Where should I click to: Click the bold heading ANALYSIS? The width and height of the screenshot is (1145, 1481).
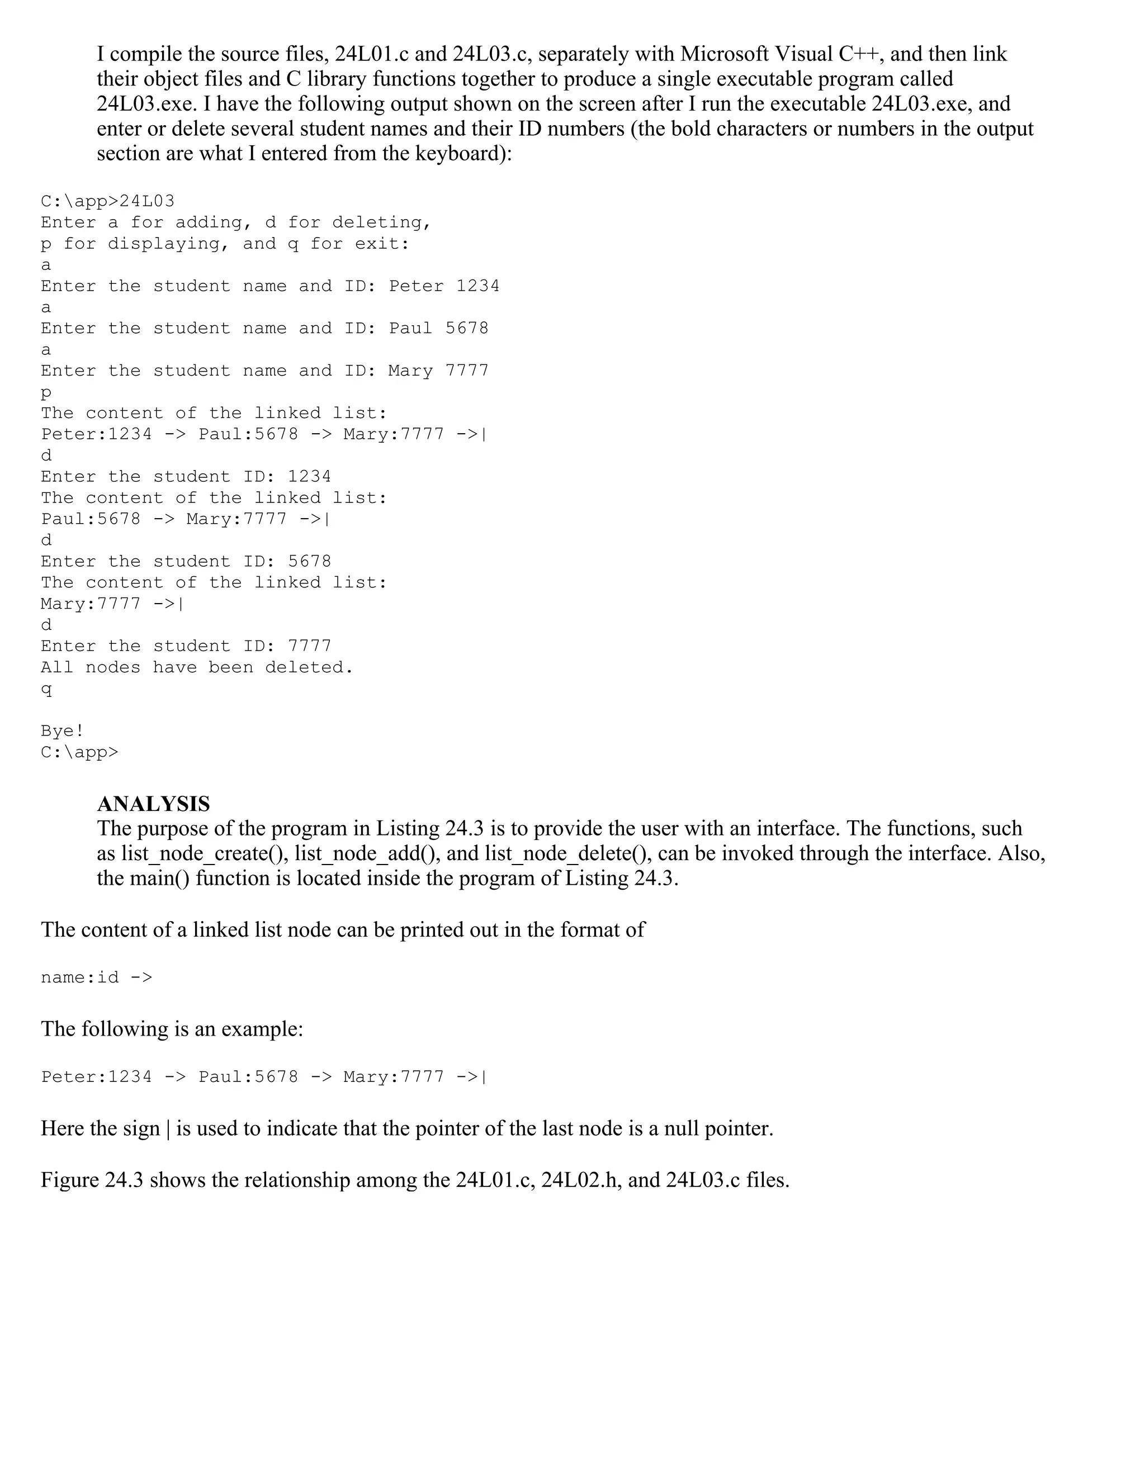153,804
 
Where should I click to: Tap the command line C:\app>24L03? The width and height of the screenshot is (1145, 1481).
107,201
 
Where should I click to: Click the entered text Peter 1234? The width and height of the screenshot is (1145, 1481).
443,286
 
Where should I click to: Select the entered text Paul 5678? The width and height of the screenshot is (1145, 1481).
438,329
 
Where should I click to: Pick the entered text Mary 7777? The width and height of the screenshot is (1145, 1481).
438,371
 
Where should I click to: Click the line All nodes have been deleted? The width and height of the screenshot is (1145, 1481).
197,668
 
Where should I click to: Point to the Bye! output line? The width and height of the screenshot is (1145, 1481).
63,731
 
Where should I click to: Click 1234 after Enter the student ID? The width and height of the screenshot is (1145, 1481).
309,477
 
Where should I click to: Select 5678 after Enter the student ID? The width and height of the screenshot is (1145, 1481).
309,562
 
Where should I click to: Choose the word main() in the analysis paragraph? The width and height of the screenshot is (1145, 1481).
159,878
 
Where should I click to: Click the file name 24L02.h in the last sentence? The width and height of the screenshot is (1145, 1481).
581,1180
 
